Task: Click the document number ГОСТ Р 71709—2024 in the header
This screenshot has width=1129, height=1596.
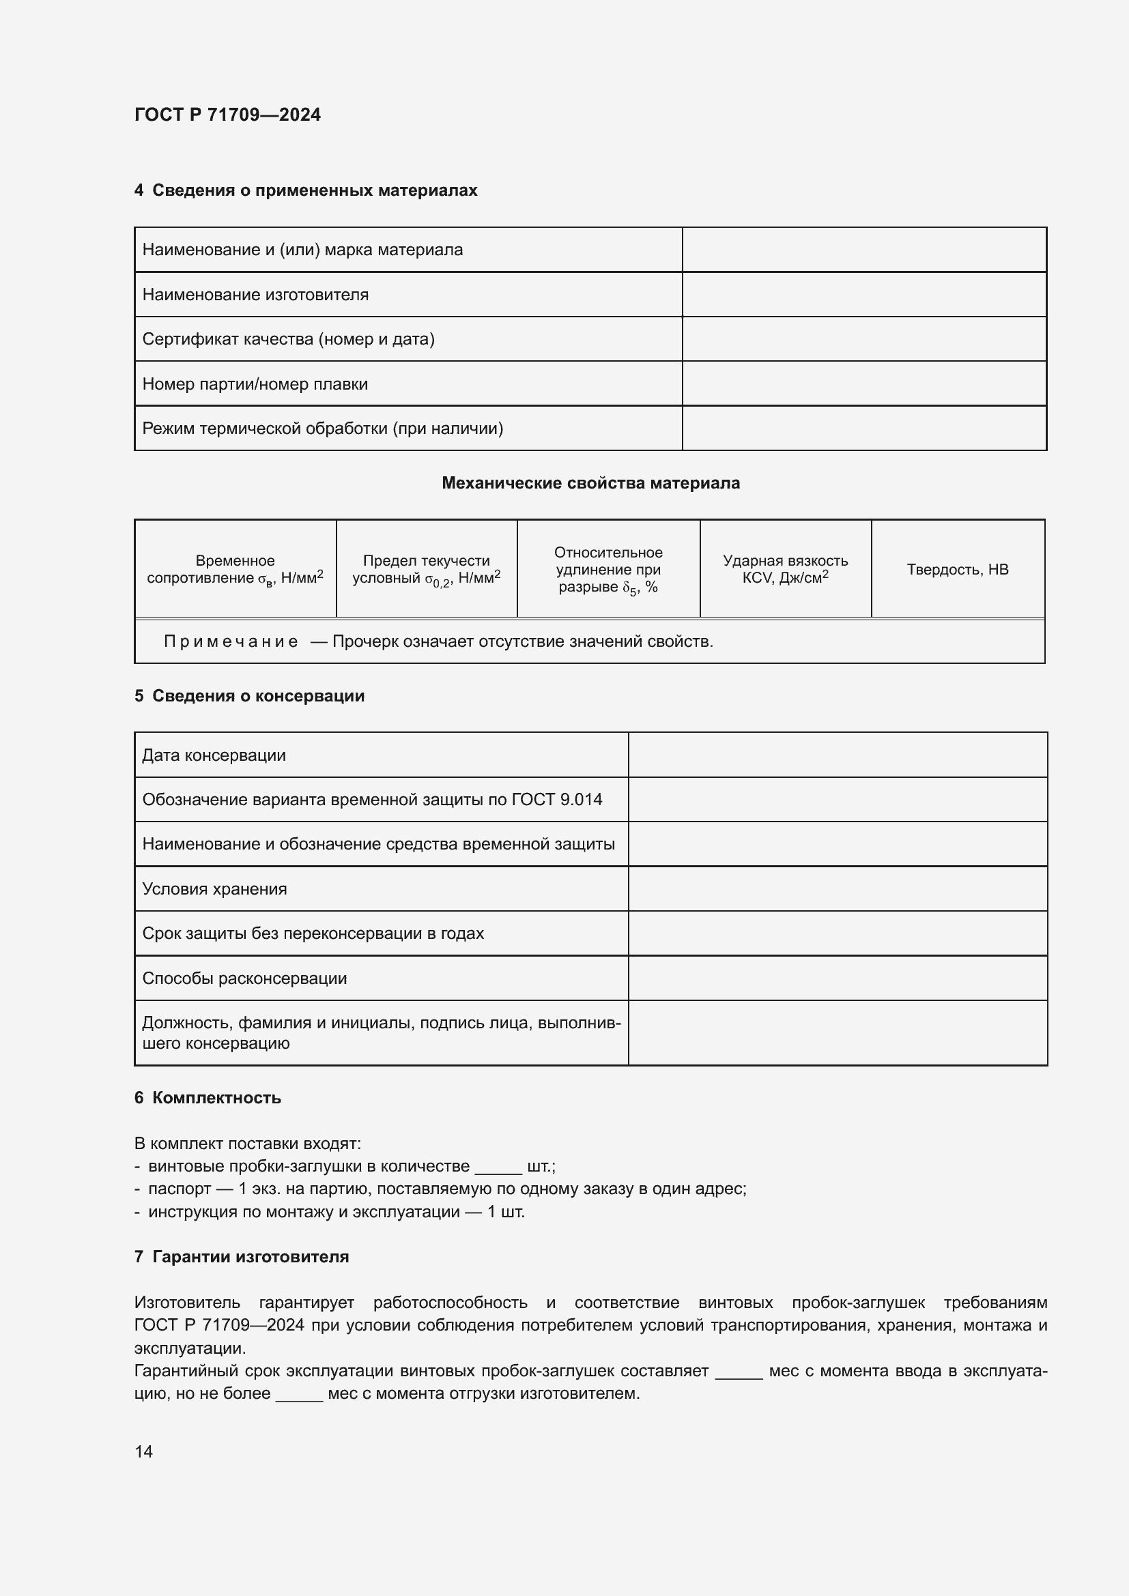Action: pos(227,115)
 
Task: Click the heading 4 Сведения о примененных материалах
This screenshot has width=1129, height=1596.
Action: pos(306,190)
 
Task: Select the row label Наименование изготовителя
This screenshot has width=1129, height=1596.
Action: pos(255,295)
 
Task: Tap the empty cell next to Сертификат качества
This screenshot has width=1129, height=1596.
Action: pos(863,339)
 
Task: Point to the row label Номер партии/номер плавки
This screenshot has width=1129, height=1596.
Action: pos(255,384)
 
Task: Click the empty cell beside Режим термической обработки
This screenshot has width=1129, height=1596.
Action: pos(863,429)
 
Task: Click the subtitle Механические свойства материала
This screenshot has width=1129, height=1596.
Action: pos(590,483)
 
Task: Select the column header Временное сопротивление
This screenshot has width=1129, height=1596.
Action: pos(235,569)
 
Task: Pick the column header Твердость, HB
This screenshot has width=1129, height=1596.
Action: pos(957,569)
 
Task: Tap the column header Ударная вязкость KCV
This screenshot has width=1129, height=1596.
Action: pos(785,569)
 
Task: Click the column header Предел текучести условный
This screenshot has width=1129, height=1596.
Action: pos(426,569)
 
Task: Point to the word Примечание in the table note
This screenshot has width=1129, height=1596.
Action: pos(231,641)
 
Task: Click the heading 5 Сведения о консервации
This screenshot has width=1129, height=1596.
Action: pos(250,696)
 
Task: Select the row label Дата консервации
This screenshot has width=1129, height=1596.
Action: pos(214,755)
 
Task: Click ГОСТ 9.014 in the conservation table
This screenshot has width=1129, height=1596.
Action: pos(556,800)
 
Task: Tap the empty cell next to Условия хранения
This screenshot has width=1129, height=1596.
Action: pos(837,889)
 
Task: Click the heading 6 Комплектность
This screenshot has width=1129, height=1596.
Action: pos(208,1099)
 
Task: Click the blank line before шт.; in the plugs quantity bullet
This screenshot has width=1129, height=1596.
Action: pos(498,1167)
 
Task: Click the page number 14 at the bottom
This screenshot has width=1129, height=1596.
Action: pos(143,1451)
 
